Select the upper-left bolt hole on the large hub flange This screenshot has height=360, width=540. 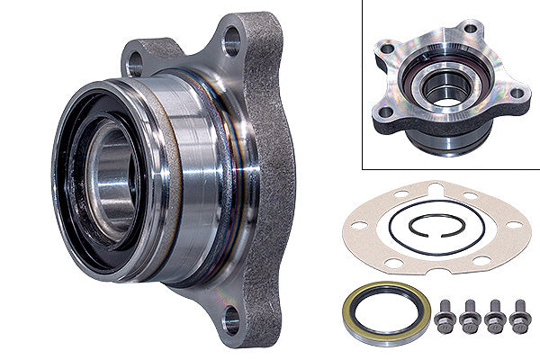click(136, 64)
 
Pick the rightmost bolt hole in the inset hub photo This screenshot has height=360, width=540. click(516, 92)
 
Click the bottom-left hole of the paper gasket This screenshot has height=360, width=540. click(392, 261)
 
